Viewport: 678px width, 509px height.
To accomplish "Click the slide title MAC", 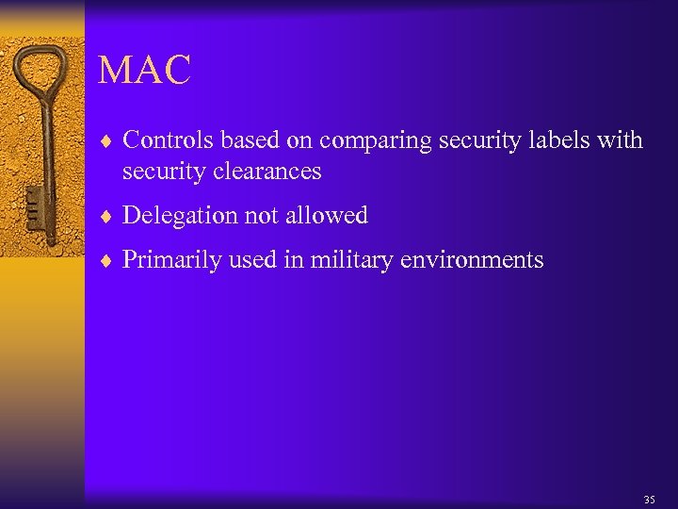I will [x=144, y=70].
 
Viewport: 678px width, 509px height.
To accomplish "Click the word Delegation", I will [x=179, y=216].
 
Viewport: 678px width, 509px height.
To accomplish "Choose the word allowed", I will [x=329, y=215].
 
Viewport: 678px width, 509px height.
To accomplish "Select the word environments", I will [x=472, y=260].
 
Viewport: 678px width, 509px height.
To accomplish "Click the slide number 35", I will [x=649, y=500].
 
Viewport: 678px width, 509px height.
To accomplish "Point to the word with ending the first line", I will [x=621, y=140].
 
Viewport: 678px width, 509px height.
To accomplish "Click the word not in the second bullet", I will [x=265, y=216].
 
